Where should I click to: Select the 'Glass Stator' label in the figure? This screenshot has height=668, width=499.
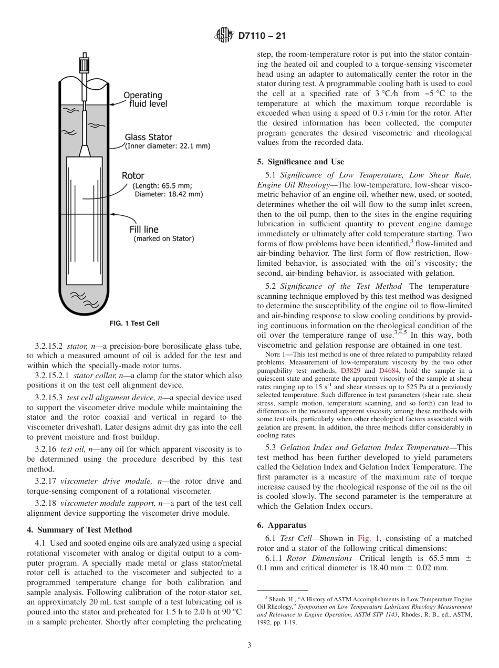coord(148,138)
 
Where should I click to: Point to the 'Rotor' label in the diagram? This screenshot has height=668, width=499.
coord(133,175)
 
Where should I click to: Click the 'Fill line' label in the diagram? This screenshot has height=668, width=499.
coord(143,229)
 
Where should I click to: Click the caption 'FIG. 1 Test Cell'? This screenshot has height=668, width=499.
coord(133,323)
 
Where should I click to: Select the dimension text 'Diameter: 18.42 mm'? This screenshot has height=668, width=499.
coord(168,194)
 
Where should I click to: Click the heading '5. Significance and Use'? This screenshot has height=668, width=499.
coord(300,162)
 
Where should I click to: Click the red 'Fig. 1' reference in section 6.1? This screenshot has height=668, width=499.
coord(367,538)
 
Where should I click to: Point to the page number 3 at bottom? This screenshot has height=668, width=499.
coord(250,645)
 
